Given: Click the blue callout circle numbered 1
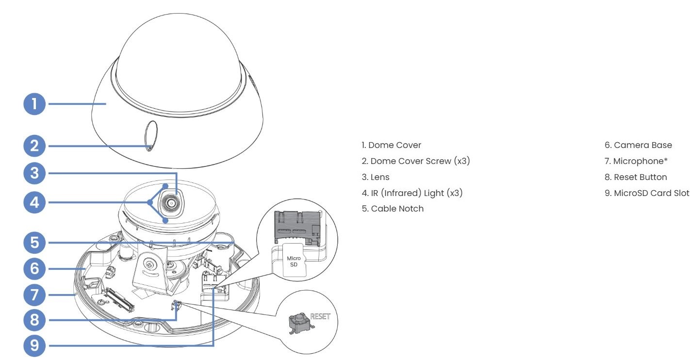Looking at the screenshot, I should pos(34,103).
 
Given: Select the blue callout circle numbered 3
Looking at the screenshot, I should pos(34,173).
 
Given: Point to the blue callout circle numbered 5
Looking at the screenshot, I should pos(34,241).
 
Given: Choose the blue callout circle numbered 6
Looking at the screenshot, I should pos(34,267).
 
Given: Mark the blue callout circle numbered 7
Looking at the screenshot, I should pos(34,294).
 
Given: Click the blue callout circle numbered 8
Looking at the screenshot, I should pos(34,320).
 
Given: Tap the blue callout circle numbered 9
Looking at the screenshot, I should pos(34,345).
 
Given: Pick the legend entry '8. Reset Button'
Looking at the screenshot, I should pos(636,177).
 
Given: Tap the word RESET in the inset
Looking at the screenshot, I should pos(320,316).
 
